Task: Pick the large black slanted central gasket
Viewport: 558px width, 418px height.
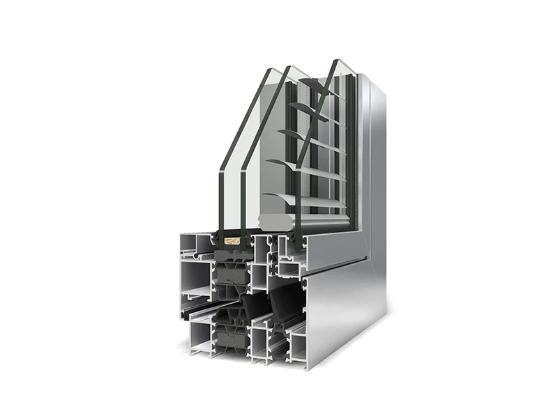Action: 286,303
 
